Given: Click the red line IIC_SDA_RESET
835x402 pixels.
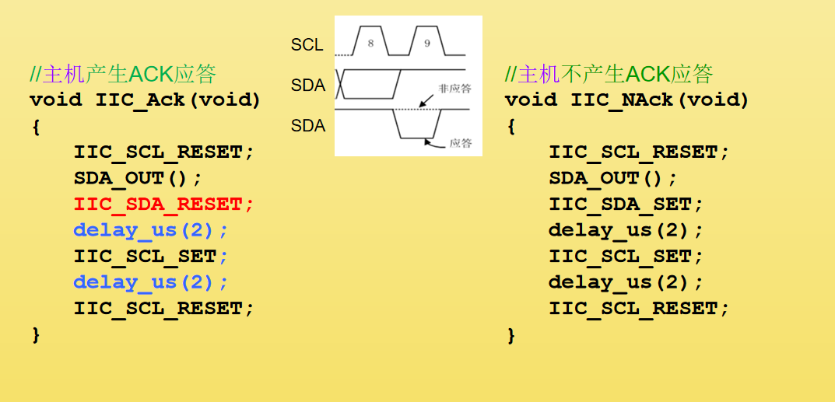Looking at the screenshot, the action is pos(163,204).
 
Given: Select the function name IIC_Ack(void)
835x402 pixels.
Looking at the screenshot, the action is pos(178,100).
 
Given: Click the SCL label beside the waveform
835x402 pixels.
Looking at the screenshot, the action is pos(307,45).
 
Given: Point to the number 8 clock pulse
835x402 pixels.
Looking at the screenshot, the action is pos(370,44).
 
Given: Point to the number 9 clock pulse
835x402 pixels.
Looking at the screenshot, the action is pos(426,44).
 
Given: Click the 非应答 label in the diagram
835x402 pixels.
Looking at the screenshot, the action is pos(455,89).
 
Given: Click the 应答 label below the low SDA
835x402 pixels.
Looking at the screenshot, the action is pos(461,143).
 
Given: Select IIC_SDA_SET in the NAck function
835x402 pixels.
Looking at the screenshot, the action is pos(626,204).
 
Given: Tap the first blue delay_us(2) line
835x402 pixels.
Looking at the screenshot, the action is pos(151,230).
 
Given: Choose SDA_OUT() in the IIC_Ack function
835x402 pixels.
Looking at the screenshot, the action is pos(138,178).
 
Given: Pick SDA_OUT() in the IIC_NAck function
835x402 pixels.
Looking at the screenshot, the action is pos(612,178).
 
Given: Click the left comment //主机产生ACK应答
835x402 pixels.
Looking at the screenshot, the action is pos(122,75).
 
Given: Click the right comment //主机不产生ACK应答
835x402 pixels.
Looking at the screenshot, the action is pos(609,75).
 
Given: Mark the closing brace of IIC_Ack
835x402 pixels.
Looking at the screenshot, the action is pos(35,335).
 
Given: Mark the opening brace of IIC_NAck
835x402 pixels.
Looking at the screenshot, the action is pos(510,127).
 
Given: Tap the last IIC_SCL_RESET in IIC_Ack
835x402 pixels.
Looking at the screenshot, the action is pos(163,309).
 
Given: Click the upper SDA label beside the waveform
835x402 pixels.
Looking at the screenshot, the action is pos(308,86).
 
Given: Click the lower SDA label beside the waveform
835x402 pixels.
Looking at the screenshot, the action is pos(308,126).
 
